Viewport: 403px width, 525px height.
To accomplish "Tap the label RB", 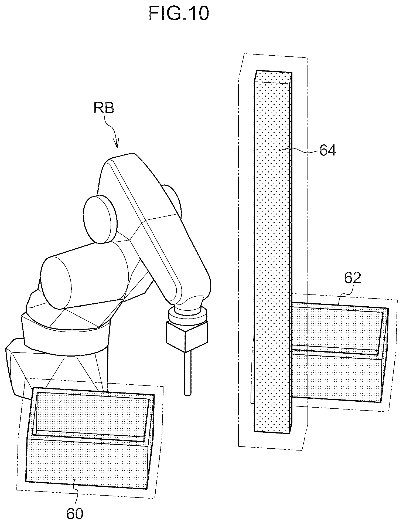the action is tap(104, 108).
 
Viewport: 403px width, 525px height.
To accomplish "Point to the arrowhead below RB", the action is tap(117, 144).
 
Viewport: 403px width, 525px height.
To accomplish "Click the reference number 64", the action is tap(327, 150).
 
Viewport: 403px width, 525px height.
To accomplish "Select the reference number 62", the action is tap(352, 278).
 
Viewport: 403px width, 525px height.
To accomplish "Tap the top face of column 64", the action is tap(273, 77).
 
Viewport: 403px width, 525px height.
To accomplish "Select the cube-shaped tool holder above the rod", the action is tap(188, 336).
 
